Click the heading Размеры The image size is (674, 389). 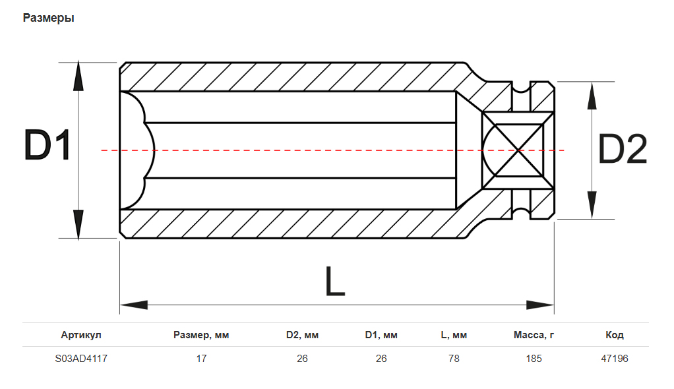point(48,18)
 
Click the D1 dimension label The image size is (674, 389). point(47,146)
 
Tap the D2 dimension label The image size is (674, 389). point(622,150)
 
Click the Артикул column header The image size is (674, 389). point(81,335)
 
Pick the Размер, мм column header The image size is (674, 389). point(201,335)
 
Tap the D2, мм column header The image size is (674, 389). point(302,335)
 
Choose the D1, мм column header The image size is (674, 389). point(381,335)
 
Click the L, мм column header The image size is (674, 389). point(454,335)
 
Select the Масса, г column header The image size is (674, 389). point(534,335)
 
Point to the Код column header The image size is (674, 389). point(615,335)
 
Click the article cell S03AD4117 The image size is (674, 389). point(81,359)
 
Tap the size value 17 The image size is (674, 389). point(201,359)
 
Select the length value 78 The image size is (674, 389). point(454,359)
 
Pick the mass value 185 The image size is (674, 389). point(534,359)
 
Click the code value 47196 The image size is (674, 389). point(615,359)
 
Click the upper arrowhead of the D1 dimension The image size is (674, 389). point(78,77)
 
